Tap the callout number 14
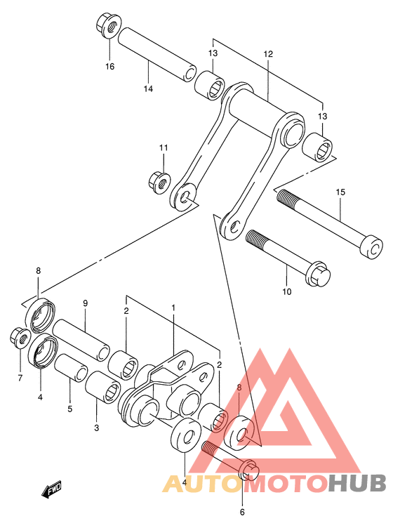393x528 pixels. (148, 89)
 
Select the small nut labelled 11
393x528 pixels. (159, 182)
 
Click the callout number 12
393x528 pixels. (268, 54)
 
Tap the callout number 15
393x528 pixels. (340, 192)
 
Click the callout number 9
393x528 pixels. (85, 303)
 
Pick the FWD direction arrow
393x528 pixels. (51, 489)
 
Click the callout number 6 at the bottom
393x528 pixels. (242, 512)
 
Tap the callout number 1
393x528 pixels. (173, 308)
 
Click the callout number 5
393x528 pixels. (70, 409)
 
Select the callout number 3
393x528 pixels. (97, 428)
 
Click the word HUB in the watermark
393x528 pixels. (357, 483)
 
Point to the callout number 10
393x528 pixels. (286, 291)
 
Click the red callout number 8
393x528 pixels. (239, 388)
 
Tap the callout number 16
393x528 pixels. (110, 67)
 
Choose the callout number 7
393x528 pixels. (20, 378)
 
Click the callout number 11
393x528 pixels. (164, 148)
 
